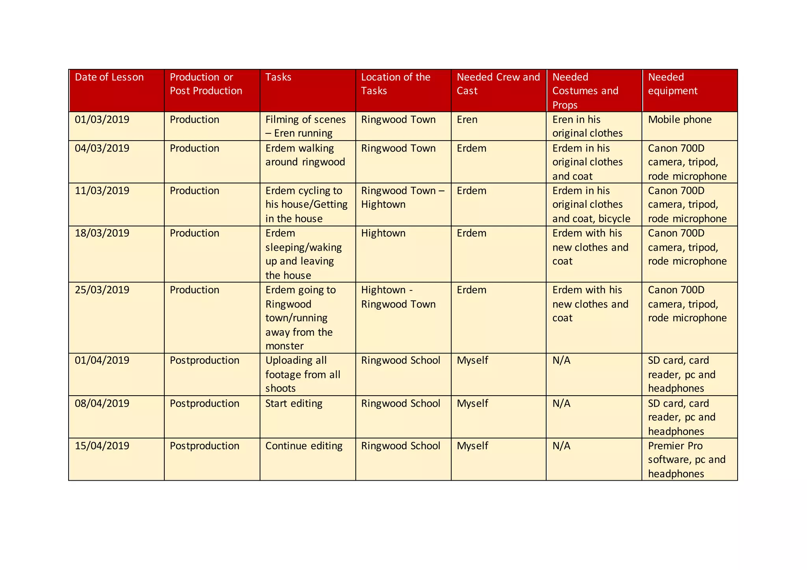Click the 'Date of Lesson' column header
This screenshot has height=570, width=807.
click(109, 77)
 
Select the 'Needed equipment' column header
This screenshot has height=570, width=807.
click(673, 84)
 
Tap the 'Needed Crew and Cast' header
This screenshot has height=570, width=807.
click(498, 84)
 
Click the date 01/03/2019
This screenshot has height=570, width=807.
click(102, 120)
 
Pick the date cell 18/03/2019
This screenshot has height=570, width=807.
click(102, 233)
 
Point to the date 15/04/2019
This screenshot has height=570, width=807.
click(102, 446)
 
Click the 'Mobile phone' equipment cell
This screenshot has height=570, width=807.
click(680, 120)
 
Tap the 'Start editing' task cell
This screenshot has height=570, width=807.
click(294, 403)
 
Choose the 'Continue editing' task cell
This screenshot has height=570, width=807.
click(304, 446)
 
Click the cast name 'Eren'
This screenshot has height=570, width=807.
click(467, 120)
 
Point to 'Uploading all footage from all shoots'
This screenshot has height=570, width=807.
click(303, 374)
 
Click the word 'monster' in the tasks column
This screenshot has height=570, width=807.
click(284, 346)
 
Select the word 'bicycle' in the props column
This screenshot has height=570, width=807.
click(614, 219)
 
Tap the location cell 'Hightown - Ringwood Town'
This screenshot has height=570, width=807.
click(398, 297)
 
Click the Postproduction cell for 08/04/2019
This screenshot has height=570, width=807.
click(205, 403)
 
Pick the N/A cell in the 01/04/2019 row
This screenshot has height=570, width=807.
click(561, 361)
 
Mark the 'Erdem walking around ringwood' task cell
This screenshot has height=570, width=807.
click(305, 155)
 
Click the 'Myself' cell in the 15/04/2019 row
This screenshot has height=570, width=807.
click(472, 446)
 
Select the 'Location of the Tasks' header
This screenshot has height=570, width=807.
click(396, 84)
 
